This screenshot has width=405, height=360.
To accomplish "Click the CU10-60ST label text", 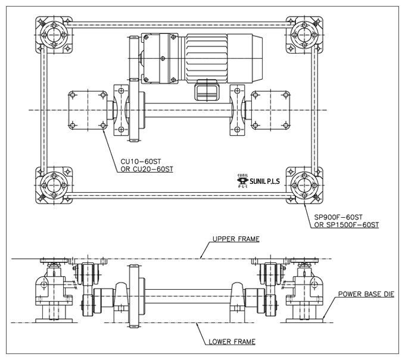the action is [141, 161].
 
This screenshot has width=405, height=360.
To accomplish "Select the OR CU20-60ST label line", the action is [147, 170].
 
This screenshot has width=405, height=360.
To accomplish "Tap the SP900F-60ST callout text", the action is [338, 217].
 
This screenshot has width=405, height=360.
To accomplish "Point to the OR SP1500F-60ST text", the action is [347, 225].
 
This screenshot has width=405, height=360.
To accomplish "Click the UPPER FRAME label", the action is [236, 239].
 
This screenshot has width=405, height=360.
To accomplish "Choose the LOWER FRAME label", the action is [232, 342].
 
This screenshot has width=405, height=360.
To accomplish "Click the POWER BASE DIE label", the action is [366, 294].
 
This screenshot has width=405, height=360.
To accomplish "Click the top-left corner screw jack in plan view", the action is [54, 35].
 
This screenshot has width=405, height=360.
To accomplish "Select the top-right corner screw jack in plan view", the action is [304, 35].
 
